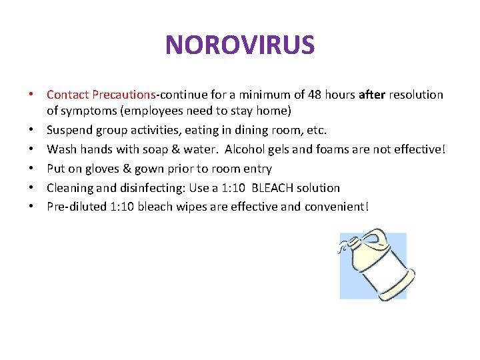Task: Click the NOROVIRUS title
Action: [239, 45]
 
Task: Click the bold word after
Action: [371, 95]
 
